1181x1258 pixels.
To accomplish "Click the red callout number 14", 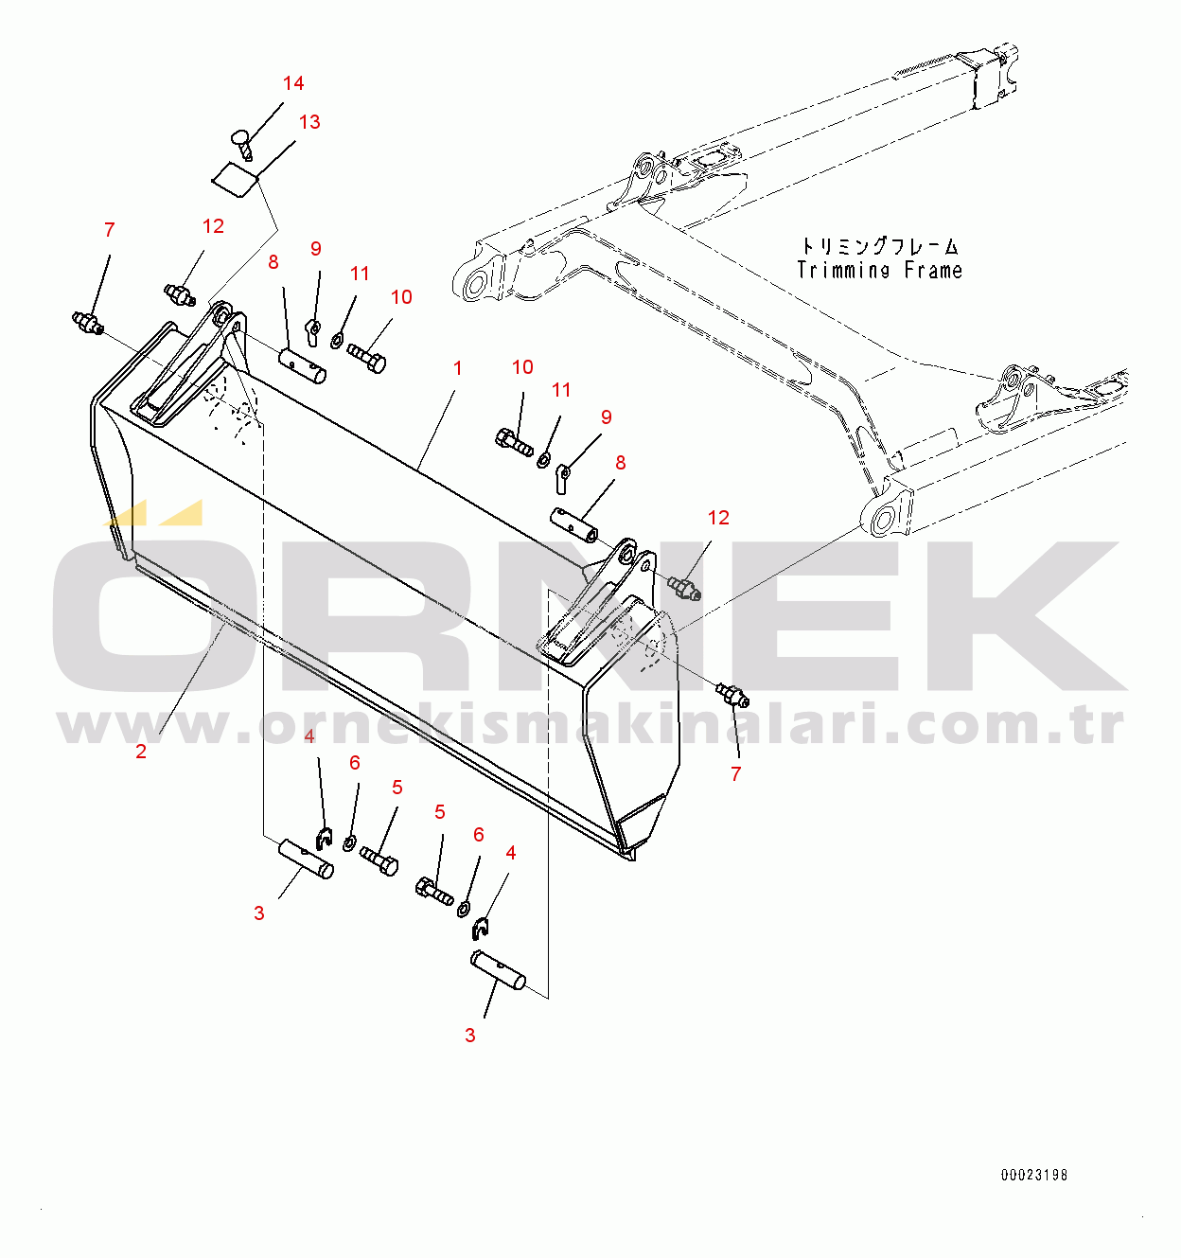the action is pyautogui.click(x=293, y=83).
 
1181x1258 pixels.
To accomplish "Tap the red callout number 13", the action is pyautogui.click(x=309, y=121).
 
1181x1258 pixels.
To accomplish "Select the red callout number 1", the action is pyautogui.click(x=458, y=368).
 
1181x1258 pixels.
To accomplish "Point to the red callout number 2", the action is pyautogui.click(x=141, y=752).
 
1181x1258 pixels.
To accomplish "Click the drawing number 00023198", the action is pyautogui.click(x=1034, y=1175).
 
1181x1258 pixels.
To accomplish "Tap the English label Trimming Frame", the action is pyautogui.click(x=879, y=271).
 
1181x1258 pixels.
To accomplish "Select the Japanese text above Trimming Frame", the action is pyautogui.click(x=880, y=246).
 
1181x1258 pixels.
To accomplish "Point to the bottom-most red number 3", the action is pyautogui.click(x=469, y=1035).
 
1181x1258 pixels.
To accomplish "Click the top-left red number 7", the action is pyautogui.click(x=110, y=229).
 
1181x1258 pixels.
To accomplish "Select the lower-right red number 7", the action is pyautogui.click(x=735, y=773).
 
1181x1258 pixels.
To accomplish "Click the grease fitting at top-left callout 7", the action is pyautogui.click(x=87, y=323).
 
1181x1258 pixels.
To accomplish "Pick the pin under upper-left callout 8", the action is pyautogui.click(x=302, y=365).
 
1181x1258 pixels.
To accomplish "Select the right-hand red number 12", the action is pyautogui.click(x=718, y=518).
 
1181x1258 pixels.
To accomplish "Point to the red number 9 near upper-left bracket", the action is pyautogui.click(x=315, y=248).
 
